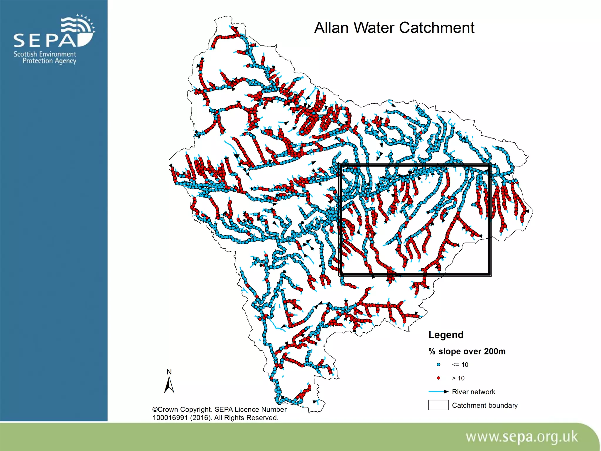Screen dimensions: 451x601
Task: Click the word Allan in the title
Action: [331, 28]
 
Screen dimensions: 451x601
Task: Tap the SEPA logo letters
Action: [45, 41]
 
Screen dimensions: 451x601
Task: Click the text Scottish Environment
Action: [45, 54]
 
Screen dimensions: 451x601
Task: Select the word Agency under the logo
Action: [65, 61]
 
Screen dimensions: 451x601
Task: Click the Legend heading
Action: [446, 335]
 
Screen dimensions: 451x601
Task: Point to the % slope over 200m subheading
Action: [467, 351]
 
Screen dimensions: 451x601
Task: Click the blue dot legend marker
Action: [438, 365]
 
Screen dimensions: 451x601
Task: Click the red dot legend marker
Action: [438, 378]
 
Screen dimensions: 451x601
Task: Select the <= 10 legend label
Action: [460, 365]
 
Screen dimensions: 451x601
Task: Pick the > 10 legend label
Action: [458, 378]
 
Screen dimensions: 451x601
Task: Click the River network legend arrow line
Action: [438, 392]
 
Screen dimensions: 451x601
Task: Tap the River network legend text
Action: [473, 392]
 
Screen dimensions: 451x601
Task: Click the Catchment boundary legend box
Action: [438, 405]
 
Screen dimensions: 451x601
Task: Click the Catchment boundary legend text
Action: [484, 405]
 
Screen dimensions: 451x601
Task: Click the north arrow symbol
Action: [169, 385]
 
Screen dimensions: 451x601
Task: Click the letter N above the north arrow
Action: [169, 372]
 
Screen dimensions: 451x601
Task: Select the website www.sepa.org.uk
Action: [521, 437]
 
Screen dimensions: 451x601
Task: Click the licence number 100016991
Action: [170, 418]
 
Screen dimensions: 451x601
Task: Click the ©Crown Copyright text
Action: [182, 410]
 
